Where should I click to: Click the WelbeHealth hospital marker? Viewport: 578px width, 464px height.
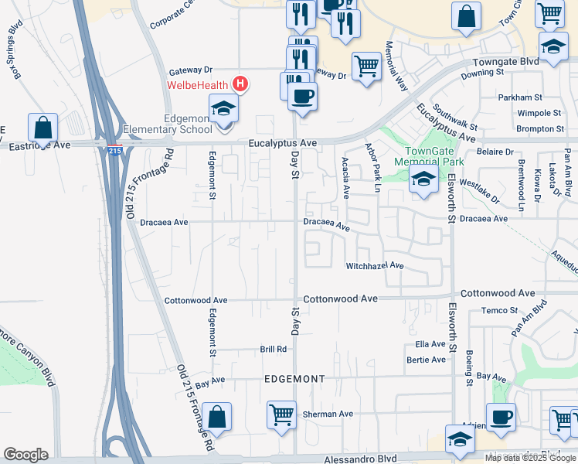(241, 84)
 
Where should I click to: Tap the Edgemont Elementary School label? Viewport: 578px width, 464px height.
(165, 124)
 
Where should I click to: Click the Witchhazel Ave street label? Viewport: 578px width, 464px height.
(375, 265)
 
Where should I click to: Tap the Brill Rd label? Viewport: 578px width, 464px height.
(273, 350)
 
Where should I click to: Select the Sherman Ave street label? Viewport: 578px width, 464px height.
(328, 414)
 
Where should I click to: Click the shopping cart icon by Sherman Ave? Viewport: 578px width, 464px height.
(281, 415)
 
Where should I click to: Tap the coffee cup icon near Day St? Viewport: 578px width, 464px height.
(302, 96)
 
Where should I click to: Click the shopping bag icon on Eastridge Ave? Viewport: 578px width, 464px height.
(43, 127)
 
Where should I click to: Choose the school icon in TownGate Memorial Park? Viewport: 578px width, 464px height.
(423, 180)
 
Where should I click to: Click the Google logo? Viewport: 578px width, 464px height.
(25, 455)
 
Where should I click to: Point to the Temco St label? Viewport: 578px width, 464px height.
(498, 310)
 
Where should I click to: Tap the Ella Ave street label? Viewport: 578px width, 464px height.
(430, 343)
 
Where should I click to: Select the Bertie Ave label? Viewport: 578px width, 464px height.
(426, 360)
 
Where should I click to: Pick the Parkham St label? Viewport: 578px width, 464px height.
(516, 98)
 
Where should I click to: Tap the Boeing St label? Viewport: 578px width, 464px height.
(469, 367)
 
